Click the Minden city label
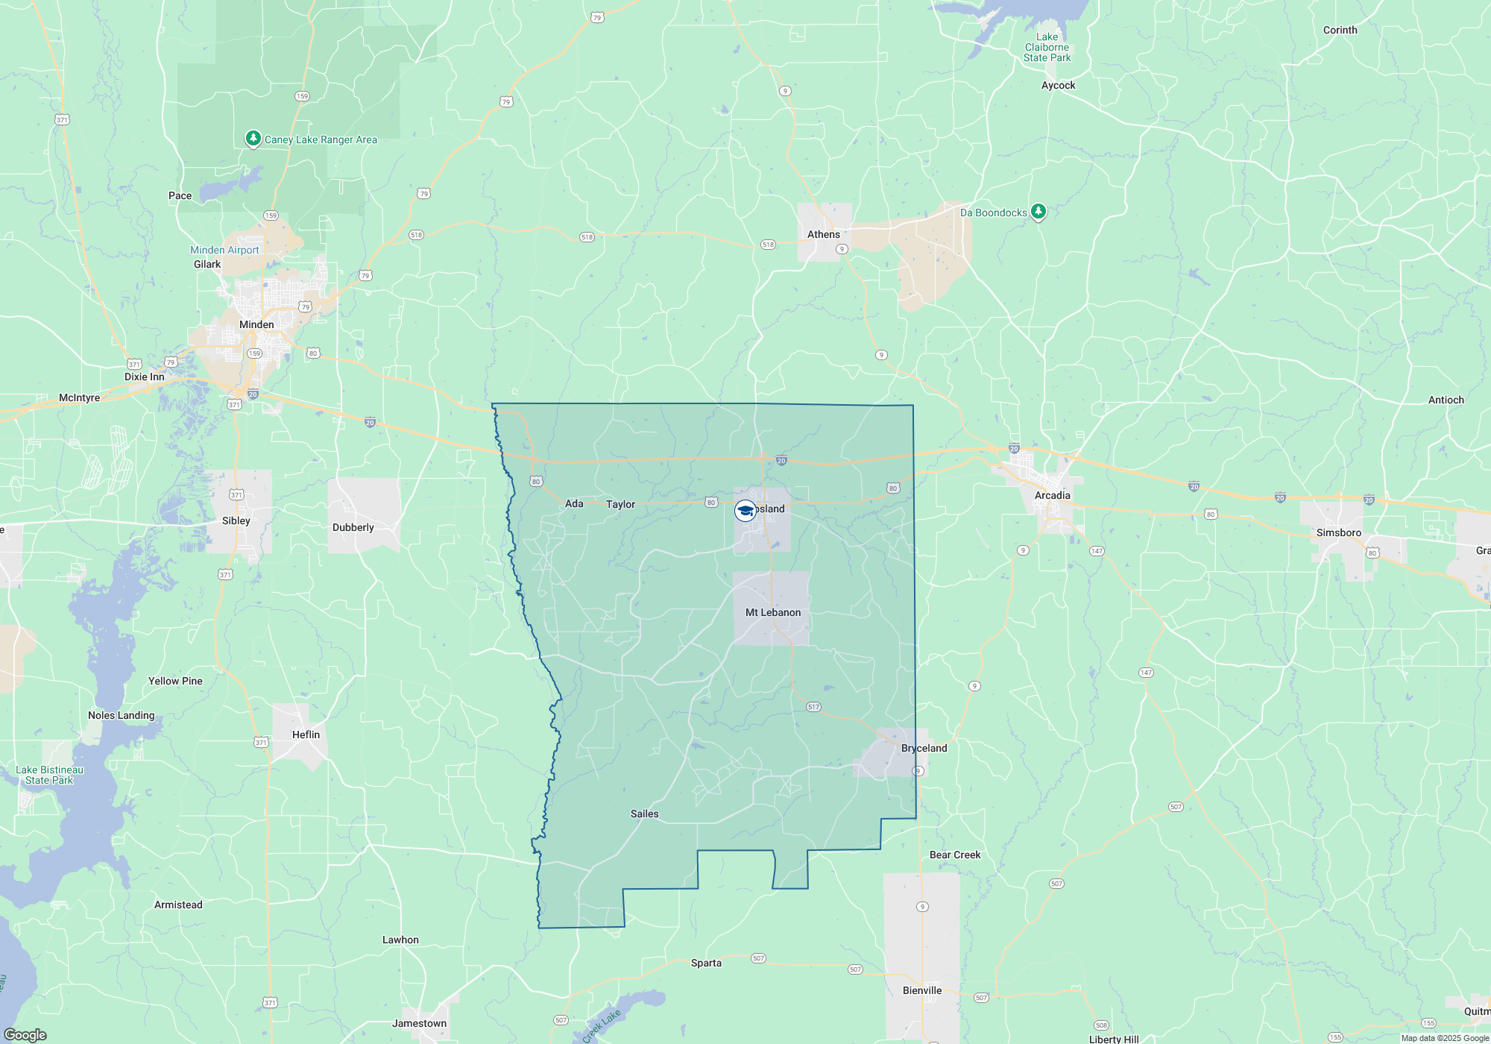tap(256, 324)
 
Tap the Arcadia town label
tap(1052, 495)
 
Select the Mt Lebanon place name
tap(773, 612)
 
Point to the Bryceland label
tap(924, 748)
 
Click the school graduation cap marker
tap(745, 511)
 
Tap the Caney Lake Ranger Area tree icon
tap(253, 139)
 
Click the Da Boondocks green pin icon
tap(1038, 212)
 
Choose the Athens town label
tap(823, 234)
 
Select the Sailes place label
tap(644, 814)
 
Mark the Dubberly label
tap(353, 527)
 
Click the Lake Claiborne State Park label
tap(1047, 47)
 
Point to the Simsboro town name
tap(1338, 532)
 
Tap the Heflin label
tap(306, 735)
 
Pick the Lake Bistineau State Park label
tap(49, 775)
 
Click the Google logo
tap(25, 1034)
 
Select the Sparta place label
tap(706, 963)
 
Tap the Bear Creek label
tap(955, 855)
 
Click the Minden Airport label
tap(224, 250)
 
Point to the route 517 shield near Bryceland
tap(813, 707)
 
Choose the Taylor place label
tap(620, 504)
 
